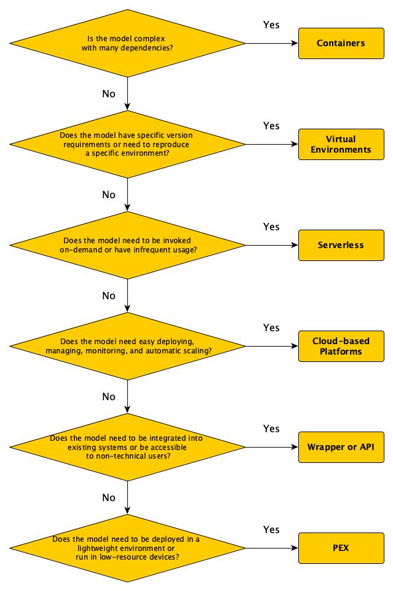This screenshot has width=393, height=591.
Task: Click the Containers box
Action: [x=341, y=43]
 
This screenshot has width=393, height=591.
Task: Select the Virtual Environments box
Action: [x=341, y=144]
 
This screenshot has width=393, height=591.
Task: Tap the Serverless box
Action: [x=341, y=245]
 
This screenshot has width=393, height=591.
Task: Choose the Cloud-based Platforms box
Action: [x=341, y=346]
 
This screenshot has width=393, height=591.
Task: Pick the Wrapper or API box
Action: [x=341, y=447]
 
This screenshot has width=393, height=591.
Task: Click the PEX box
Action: [x=341, y=548]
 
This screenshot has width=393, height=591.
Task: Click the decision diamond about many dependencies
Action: [x=127, y=43]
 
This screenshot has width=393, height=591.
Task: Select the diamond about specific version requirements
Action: [x=127, y=144]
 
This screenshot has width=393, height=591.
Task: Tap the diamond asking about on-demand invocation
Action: [x=127, y=245]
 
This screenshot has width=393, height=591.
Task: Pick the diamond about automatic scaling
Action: [x=127, y=346]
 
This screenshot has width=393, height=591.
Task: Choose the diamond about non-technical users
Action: [x=127, y=447]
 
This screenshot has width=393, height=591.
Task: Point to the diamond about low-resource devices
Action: [x=127, y=548]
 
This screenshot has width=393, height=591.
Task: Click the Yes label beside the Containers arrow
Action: [x=271, y=25]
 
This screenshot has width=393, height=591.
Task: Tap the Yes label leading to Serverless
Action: [x=271, y=227]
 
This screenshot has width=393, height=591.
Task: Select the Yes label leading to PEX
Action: [x=271, y=529]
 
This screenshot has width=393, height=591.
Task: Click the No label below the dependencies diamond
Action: [x=109, y=94]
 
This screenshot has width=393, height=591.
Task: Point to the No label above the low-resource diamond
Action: [x=109, y=497]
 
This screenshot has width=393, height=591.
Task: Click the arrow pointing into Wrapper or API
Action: [x=272, y=447]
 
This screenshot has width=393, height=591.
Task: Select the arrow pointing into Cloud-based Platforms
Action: [x=272, y=346]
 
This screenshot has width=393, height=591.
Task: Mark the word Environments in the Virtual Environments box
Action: [x=341, y=150]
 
